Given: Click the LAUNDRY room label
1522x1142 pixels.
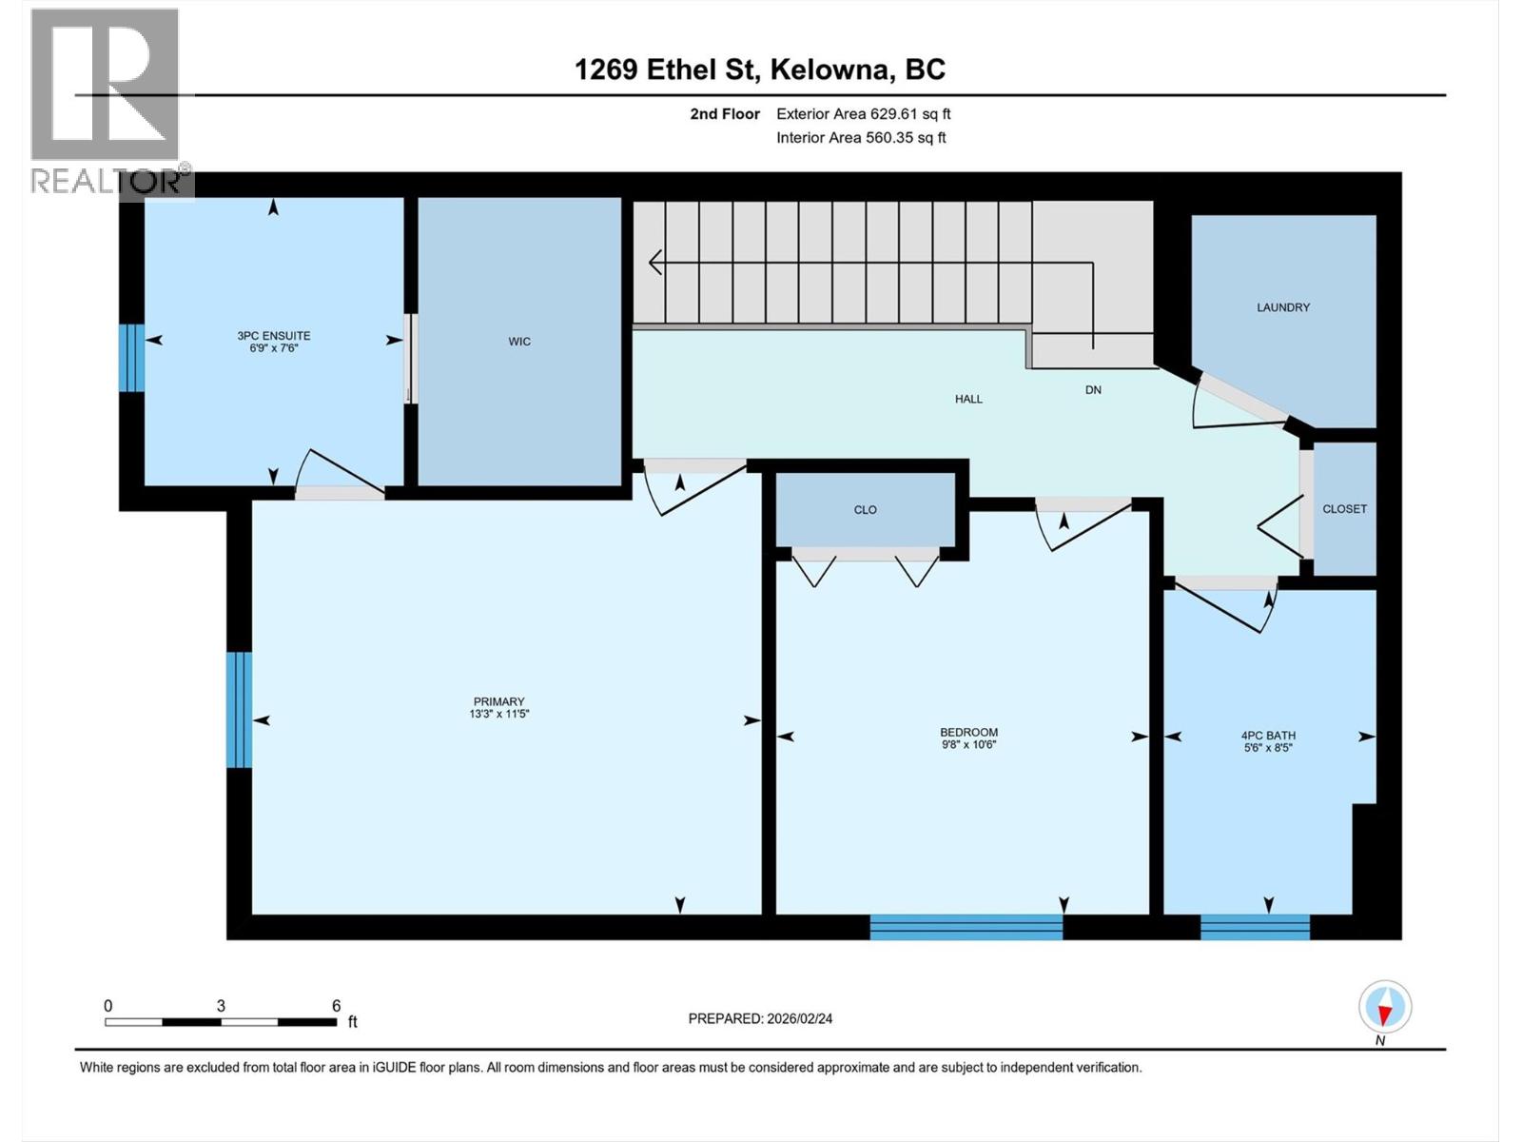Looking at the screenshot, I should click(x=1282, y=307).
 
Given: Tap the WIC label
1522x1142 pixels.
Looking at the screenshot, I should click(x=519, y=342).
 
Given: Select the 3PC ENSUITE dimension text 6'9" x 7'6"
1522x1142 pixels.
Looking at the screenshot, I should click(x=274, y=348).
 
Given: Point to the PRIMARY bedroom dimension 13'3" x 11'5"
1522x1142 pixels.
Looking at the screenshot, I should click(x=498, y=714).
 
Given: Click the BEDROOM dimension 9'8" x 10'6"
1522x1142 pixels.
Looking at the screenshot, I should click(x=968, y=745).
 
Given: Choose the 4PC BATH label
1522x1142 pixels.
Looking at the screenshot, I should click(x=1268, y=736).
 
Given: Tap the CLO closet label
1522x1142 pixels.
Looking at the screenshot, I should click(x=865, y=510).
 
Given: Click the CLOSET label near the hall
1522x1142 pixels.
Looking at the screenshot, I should click(x=1344, y=509).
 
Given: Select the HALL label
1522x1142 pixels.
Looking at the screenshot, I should click(x=968, y=400).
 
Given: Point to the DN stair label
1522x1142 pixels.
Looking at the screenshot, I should click(x=1093, y=390).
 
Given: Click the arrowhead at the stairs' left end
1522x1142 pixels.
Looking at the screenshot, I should click(x=655, y=262).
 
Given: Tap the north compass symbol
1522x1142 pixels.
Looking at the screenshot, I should click(x=1385, y=1007).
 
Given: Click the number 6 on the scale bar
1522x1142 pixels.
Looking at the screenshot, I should click(x=336, y=1006).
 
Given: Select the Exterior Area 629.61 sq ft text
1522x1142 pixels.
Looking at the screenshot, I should click(x=863, y=114).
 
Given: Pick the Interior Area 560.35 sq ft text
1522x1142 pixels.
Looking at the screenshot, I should click(x=861, y=138).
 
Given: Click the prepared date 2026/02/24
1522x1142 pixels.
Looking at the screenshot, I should click(x=798, y=1018).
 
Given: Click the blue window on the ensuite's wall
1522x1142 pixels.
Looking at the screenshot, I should click(x=131, y=358).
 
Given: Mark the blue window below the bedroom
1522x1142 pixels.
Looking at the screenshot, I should click(x=966, y=927).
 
